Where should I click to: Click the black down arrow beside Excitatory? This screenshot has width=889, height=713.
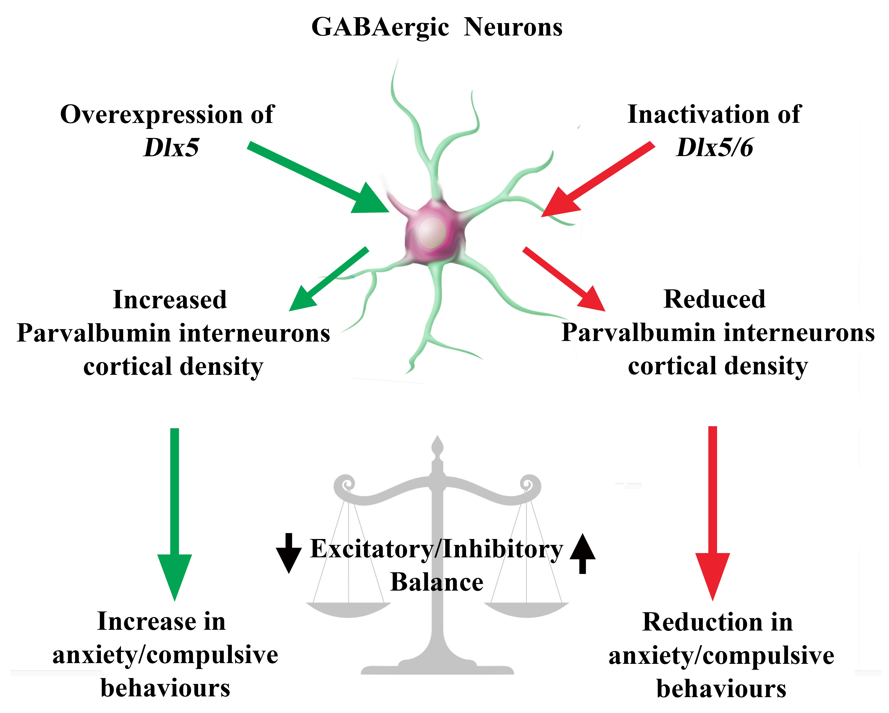click(289, 553)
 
